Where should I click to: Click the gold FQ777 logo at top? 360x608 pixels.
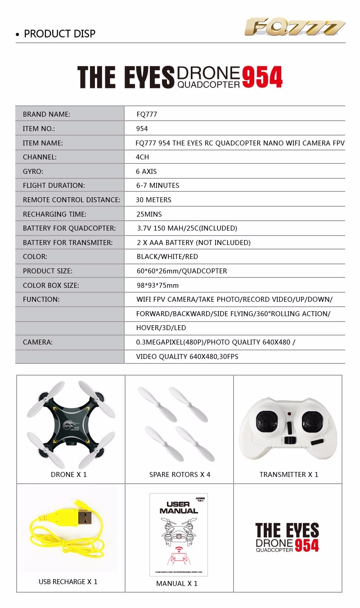click(x=295, y=27)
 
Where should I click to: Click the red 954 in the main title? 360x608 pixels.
click(x=262, y=77)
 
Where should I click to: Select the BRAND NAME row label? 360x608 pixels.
click(x=47, y=114)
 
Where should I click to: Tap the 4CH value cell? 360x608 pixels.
click(x=142, y=157)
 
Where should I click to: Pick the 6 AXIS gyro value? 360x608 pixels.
click(x=146, y=172)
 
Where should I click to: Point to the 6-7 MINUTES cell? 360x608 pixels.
click(x=157, y=186)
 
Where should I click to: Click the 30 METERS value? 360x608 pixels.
click(x=153, y=200)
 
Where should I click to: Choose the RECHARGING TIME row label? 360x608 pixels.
click(x=54, y=214)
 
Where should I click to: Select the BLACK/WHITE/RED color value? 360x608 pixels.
click(x=167, y=257)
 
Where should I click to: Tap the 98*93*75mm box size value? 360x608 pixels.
click(x=157, y=286)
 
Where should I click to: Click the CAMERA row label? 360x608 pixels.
click(x=38, y=342)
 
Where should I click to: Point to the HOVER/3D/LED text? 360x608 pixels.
click(x=161, y=328)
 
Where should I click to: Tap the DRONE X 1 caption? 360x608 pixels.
click(x=69, y=475)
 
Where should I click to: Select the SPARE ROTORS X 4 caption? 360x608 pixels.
click(x=180, y=475)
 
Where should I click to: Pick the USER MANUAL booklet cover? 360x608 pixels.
click(x=178, y=534)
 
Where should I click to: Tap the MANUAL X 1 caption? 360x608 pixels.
click(x=177, y=584)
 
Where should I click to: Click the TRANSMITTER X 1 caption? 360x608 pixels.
click(x=289, y=475)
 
